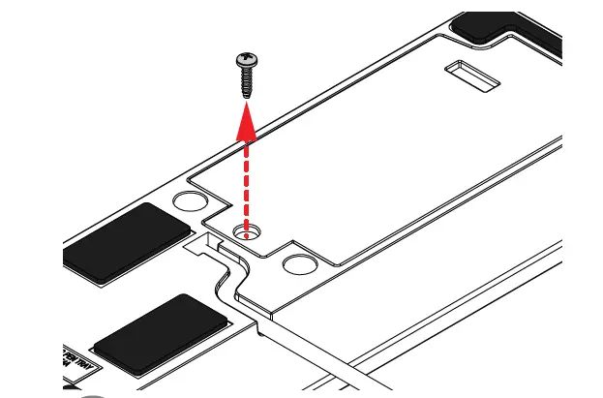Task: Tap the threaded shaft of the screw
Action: (247, 81)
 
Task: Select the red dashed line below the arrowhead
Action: (249, 184)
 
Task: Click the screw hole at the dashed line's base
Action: (249, 231)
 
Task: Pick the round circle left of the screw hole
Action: (189, 202)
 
